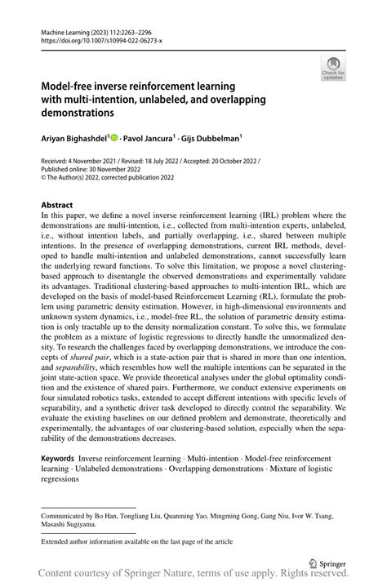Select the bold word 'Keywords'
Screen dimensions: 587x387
[62, 460]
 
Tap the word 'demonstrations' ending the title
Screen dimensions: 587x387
[82, 112]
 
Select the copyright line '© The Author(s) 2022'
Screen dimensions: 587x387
[82, 180]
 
